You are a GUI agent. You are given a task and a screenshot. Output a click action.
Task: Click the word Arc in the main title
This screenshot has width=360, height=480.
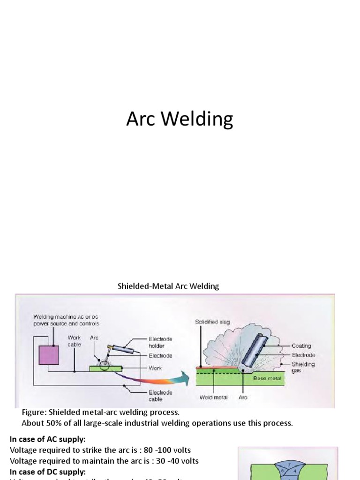pyautogui.click(x=141, y=119)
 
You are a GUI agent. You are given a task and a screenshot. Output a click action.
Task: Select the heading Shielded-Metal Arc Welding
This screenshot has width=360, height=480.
pyautogui.click(x=168, y=286)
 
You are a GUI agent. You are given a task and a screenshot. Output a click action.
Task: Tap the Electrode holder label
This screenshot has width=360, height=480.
pyautogui.click(x=160, y=342)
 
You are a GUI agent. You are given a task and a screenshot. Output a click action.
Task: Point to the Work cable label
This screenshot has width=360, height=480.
pyautogui.click(x=74, y=341)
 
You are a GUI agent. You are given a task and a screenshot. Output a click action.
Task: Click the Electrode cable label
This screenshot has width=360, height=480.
pyautogui.click(x=160, y=396)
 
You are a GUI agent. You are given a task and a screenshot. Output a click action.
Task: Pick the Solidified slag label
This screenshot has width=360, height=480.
pyautogui.click(x=212, y=322)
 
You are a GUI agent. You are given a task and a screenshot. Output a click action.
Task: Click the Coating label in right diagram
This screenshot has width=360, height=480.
pyautogui.click(x=301, y=346)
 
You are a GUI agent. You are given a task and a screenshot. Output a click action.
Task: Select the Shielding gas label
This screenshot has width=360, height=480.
pyautogui.click(x=303, y=367)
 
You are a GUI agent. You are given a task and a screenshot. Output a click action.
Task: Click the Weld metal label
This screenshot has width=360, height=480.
pyautogui.click(x=213, y=397)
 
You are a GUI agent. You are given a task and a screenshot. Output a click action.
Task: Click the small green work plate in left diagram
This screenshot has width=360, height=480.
pyautogui.click(x=98, y=368)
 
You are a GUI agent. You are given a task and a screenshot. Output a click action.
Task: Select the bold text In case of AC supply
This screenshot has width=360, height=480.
pyautogui.click(x=47, y=439)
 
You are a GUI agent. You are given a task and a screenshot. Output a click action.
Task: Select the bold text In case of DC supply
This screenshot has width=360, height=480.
pyautogui.click(x=47, y=471)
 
